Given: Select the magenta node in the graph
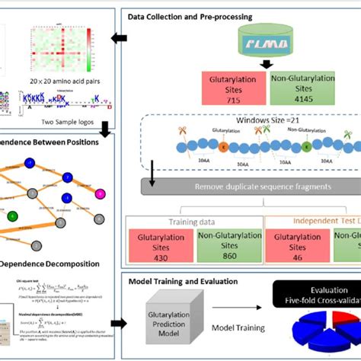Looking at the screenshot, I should pyautogui.click(x=98, y=173).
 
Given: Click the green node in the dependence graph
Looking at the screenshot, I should pyautogui.click(x=13, y=216).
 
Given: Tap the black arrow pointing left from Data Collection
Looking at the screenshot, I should pyautogui.click(x=119, y=38).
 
